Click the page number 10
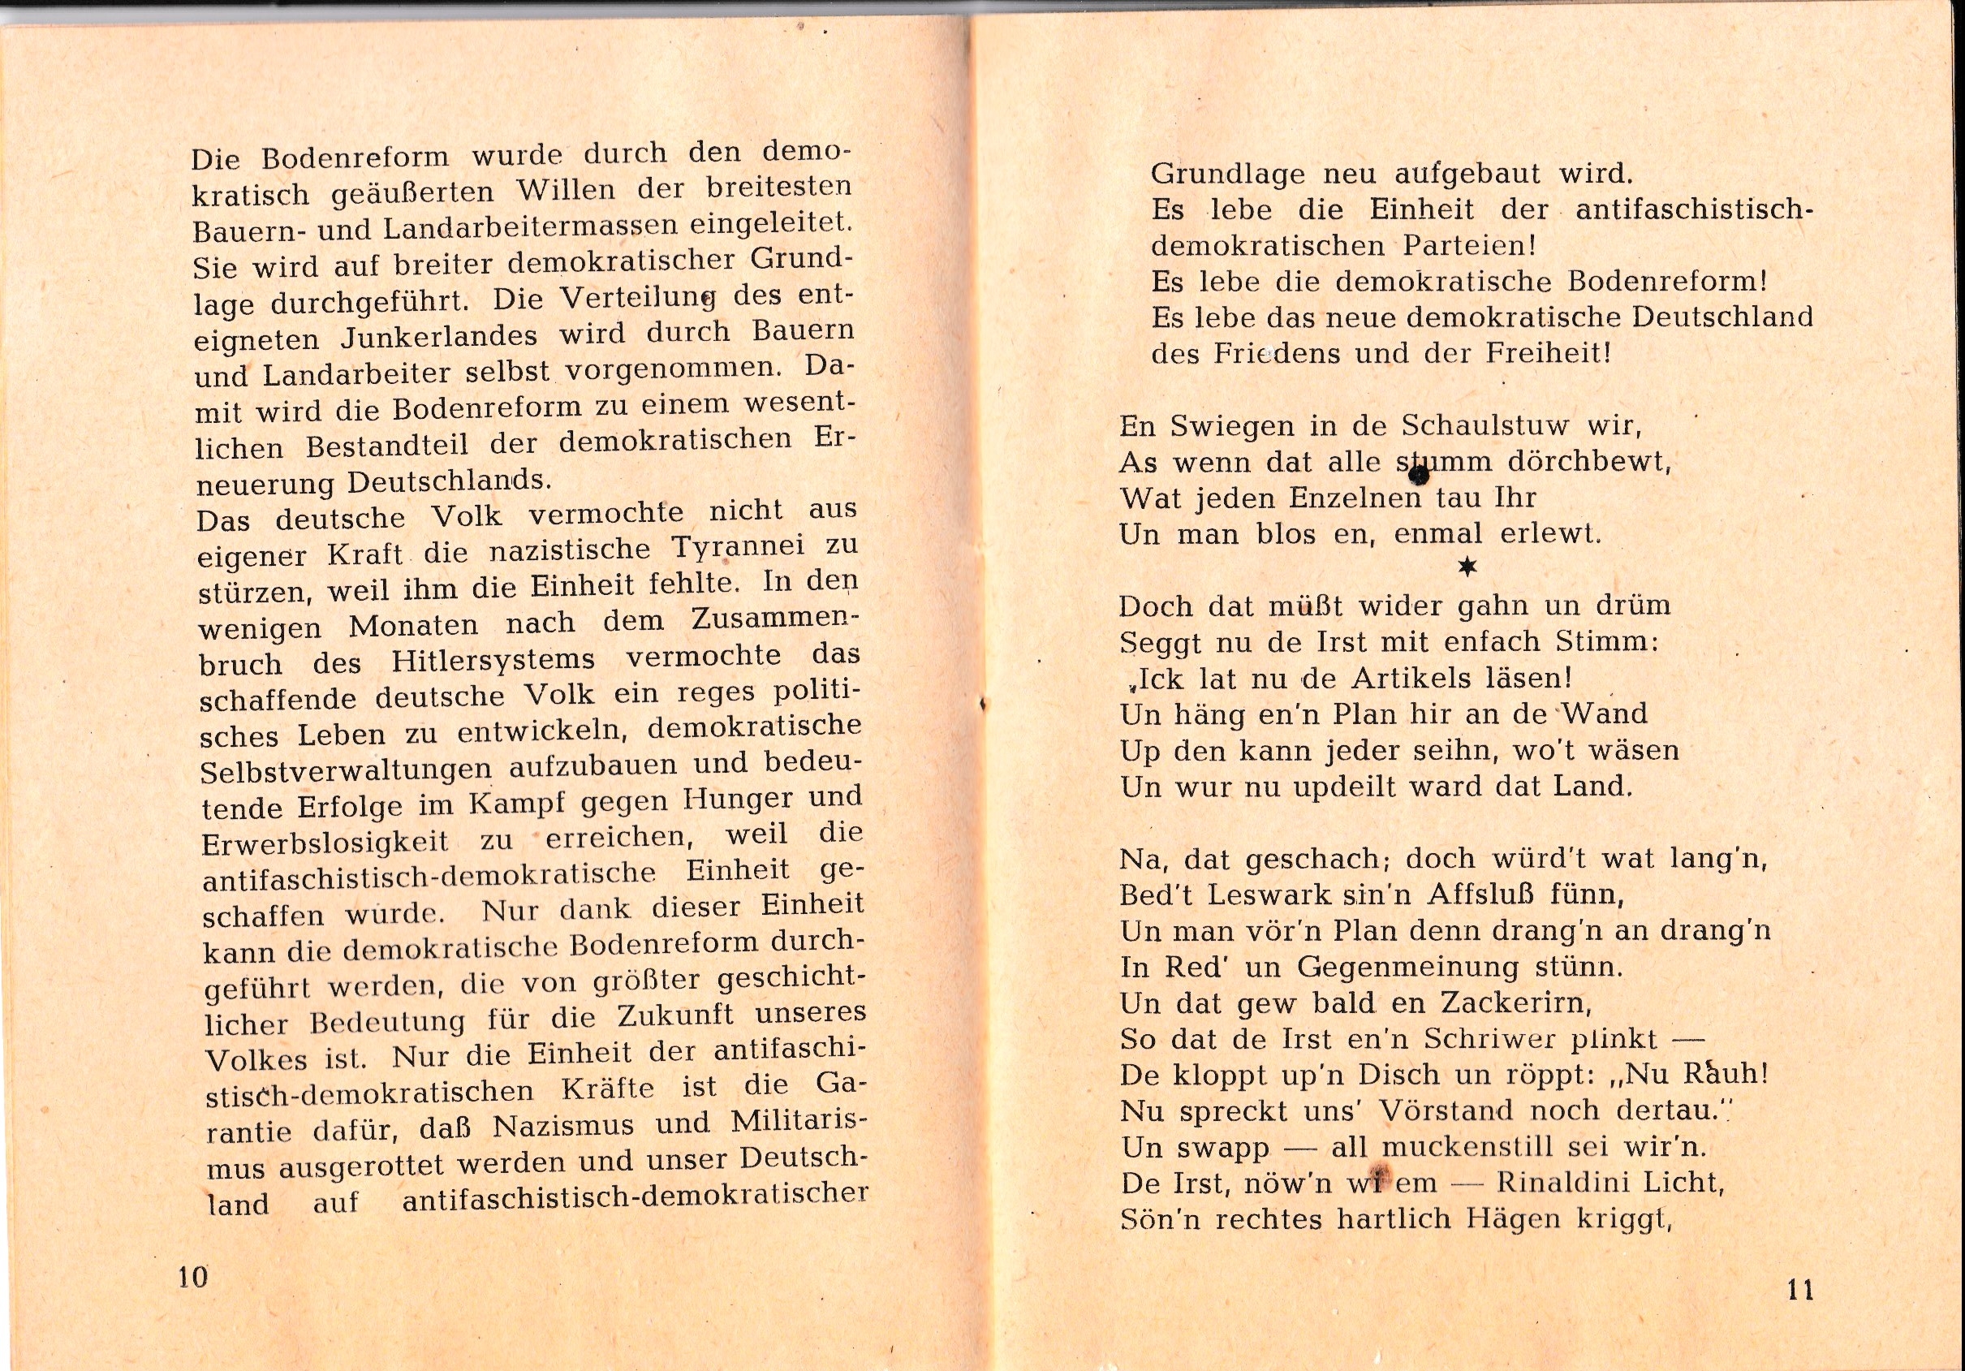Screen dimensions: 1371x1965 (192, 1278)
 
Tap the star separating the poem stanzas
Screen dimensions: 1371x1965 (1467, 567)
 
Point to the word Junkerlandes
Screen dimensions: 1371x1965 (439, 335)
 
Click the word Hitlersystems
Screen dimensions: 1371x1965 (493, 661)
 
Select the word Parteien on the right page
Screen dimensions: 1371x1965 (1468, 247)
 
